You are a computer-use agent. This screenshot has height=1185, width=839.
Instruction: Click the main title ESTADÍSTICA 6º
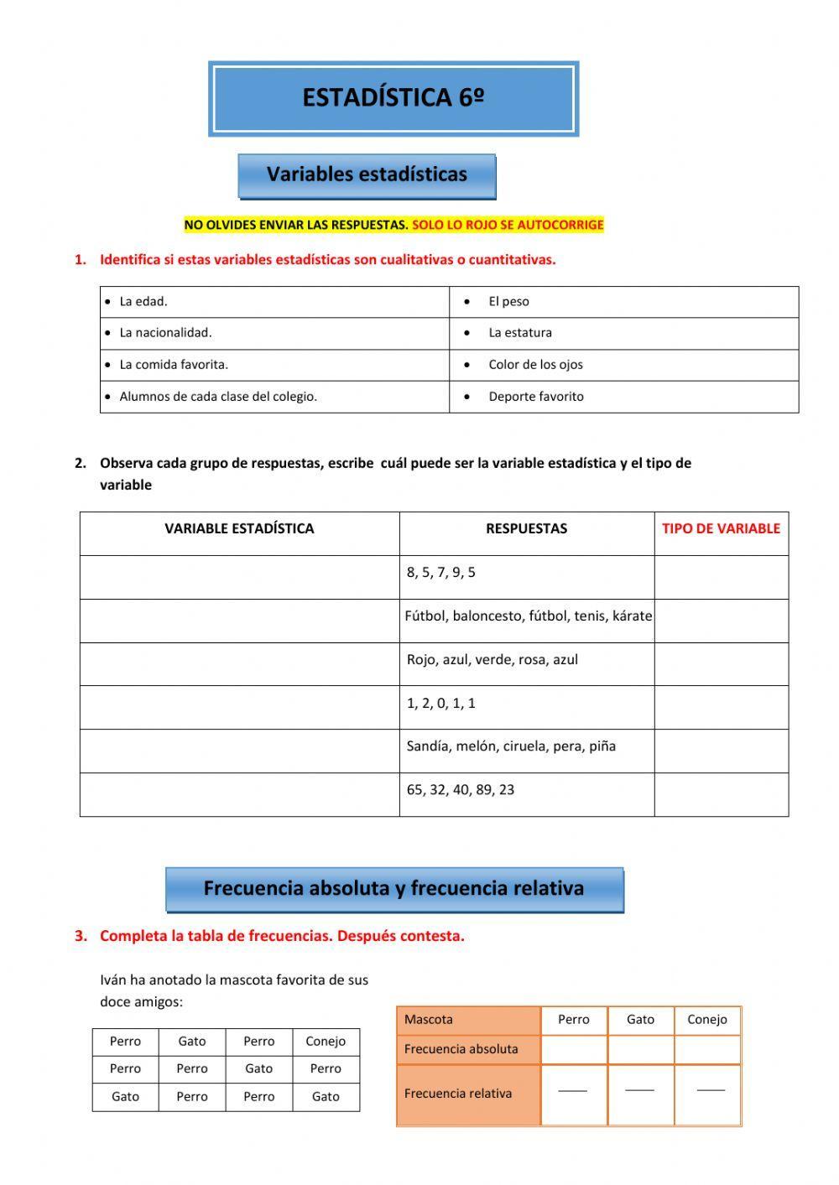393,98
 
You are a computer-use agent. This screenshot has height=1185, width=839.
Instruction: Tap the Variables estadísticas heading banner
367,175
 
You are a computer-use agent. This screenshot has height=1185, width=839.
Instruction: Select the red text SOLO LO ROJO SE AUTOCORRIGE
508,225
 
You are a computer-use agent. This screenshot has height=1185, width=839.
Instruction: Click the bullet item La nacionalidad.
165,333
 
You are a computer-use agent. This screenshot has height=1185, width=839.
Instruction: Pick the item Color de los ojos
535,365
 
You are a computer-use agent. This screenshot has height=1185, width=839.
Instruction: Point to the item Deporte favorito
535,397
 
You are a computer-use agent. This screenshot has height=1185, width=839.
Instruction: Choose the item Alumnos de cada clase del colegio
218,397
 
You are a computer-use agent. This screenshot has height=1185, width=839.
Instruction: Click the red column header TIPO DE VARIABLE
721,529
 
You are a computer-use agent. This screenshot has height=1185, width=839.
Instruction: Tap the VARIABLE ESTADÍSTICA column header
239,529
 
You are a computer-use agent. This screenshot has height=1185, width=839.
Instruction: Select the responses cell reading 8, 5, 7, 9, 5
441,573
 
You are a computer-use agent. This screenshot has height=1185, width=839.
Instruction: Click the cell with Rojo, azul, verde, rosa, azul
492,660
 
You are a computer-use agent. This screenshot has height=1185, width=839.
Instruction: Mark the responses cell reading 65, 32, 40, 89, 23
461,790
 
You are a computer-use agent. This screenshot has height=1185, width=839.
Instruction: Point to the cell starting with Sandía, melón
511,746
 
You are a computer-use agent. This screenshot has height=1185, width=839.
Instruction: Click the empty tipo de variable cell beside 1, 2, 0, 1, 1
721,707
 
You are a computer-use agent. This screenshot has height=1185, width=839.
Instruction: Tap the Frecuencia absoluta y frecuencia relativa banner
393,889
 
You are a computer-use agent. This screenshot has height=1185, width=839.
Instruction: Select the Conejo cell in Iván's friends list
326,1042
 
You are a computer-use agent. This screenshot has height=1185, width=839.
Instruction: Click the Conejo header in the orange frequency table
706,1020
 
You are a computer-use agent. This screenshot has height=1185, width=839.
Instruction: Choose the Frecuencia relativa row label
458,1094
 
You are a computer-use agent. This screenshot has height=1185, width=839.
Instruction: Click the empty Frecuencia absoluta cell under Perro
574,1049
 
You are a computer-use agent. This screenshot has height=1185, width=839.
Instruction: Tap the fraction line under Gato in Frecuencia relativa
640,1090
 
